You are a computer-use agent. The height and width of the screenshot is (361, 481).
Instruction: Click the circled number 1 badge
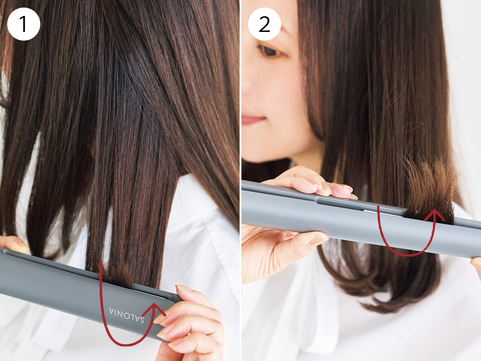tap(24, 24)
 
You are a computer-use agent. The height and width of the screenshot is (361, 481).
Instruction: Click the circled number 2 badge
tap(264, 24)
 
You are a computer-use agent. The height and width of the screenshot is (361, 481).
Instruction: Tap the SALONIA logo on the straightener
tap(127, 315)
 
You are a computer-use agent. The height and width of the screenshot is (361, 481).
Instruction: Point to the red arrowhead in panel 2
tap(434, 215)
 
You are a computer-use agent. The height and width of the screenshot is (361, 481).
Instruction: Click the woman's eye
tap(270, 52)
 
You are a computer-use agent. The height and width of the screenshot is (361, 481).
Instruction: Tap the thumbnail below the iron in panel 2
tap(318, 241)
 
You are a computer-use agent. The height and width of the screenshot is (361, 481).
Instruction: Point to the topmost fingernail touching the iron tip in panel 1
tap(184, 288)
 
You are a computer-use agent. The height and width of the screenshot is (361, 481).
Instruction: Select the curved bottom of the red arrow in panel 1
tap(123, 344)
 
